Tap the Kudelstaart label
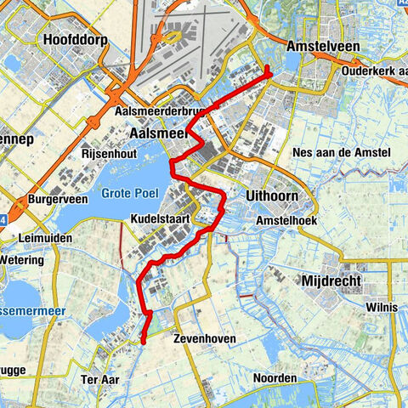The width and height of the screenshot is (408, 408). click(x=158, y=219)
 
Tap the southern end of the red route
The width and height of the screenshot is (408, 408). click(x=143, y=343)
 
